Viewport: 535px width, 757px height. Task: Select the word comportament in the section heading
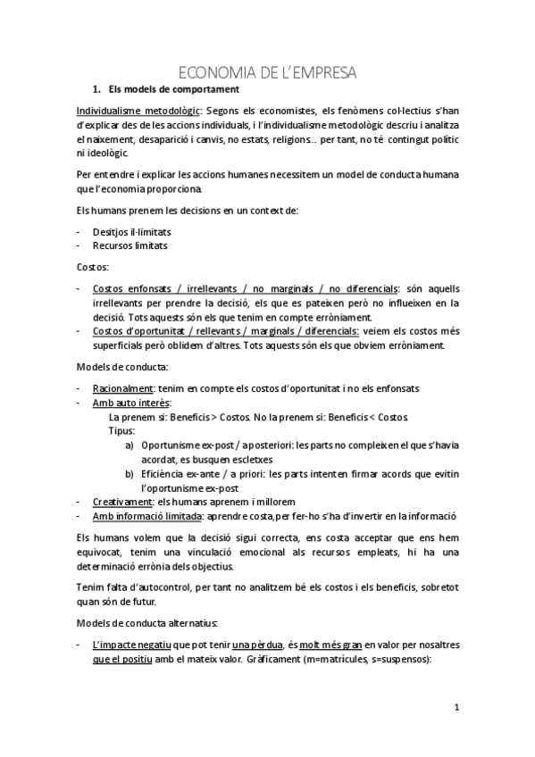point(202,89)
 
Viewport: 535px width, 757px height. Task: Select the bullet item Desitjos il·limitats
point(131,230)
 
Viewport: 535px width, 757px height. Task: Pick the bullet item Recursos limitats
point(130,245)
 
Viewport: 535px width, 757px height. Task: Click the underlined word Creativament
point(122,502)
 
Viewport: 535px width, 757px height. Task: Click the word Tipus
point(121,430)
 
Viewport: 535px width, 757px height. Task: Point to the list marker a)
point(130,445)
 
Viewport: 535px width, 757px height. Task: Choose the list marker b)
point(130,473)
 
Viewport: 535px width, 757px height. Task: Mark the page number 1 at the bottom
point(456,708)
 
